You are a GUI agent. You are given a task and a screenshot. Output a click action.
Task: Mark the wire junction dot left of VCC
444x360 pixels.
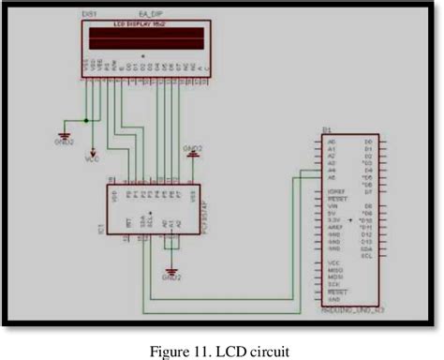(x=85, y=121)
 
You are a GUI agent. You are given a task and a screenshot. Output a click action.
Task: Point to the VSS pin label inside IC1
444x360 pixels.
(x=191, y=196)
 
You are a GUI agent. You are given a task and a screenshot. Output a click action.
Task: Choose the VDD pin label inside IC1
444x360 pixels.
(x=115, y=196)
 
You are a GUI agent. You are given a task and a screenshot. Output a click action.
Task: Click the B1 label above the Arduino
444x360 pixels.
(x=325, y=131)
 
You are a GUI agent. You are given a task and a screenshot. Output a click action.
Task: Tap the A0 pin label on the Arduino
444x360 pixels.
(x=330, y=142)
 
